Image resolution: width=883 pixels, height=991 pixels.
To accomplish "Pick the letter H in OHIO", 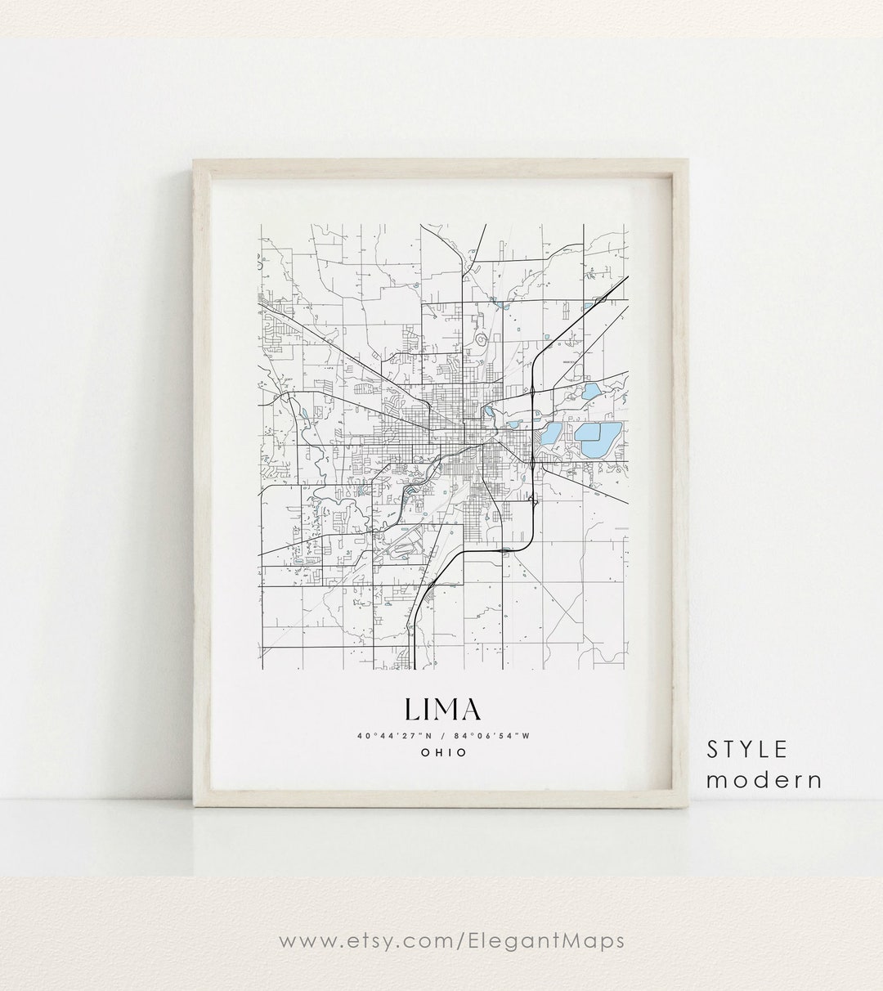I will click(x=437, y=752).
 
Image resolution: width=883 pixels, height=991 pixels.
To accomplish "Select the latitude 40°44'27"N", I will click(x=393, y=735).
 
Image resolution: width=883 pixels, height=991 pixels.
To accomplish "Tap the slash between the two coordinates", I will click(x=442, y=735).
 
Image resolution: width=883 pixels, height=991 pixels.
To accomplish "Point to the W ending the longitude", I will click(x=527, y=735).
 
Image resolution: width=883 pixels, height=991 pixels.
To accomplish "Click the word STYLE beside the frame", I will click(x=748, y=749).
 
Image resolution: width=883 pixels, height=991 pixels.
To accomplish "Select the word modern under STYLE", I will click(x=764, y=779).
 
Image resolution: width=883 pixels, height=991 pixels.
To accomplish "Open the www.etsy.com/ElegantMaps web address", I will click(x=452, y=940).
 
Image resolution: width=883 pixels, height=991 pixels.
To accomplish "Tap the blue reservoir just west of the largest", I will click(x=553, y=433).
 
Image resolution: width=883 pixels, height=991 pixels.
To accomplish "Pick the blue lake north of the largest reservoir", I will click(x=591, y=391).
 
